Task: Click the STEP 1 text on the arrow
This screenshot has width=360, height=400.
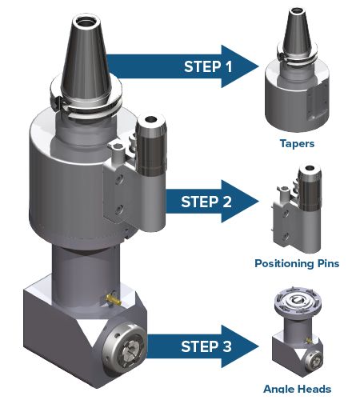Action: pos(208,66)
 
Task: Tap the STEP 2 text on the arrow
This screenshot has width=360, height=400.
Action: pos(206,202)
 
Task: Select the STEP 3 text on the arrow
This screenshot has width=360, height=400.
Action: pos(206,346)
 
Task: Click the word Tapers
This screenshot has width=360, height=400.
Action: pos(297,144)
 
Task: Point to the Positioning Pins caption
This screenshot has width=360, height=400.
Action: pos(297,263)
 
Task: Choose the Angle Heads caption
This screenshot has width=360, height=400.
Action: pos(297,389)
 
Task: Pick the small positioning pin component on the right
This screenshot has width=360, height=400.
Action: pos(296,210)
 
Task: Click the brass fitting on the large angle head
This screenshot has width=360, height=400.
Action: pos(114,299)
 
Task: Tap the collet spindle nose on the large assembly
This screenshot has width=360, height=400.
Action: pos(125,350)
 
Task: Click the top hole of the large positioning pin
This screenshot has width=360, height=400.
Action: pos(151,119)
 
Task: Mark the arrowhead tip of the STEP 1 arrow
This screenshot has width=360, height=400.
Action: pos(259,66)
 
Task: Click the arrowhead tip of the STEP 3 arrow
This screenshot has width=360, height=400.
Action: pos(258,346)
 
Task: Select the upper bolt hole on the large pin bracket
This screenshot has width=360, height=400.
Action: pos(119,179)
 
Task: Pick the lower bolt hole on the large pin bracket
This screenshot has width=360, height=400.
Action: pos(119,209)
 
